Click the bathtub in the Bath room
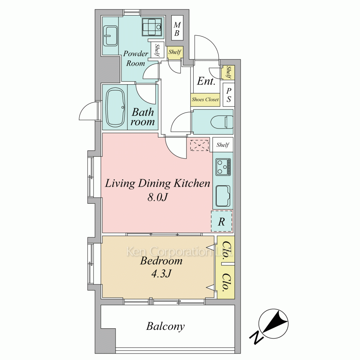[115, 108]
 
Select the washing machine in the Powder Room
[152, 27]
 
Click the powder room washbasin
[110, 36]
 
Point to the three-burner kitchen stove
[223, 167]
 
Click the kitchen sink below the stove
[223, 195]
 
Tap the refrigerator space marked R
[221, 221]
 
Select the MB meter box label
[177, 29]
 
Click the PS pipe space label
[229, 95]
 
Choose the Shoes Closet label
[205, 100]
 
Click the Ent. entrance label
[206, 81]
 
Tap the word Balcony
[165, 326]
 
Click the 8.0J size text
[157, 197]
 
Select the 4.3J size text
[161, 274]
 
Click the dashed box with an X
[199, 145]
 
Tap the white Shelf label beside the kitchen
[223, 145]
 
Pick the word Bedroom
[161, 261]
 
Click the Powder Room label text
[135, 58]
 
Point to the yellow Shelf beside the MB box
[175, 52]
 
